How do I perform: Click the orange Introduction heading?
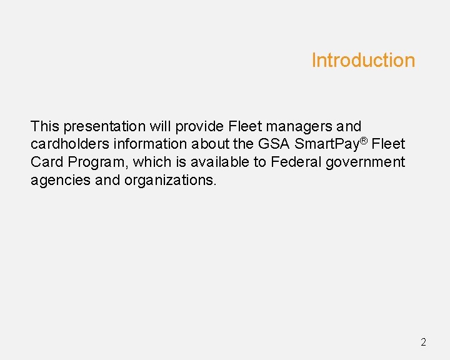pos(363,61)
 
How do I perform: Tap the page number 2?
pos(423,342)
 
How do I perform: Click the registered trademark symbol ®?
pos(364,141)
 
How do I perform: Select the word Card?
pos(47,162)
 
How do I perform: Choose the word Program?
pos(97,162)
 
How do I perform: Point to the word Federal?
pos(294,162)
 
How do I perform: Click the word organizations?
pos(170,181)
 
